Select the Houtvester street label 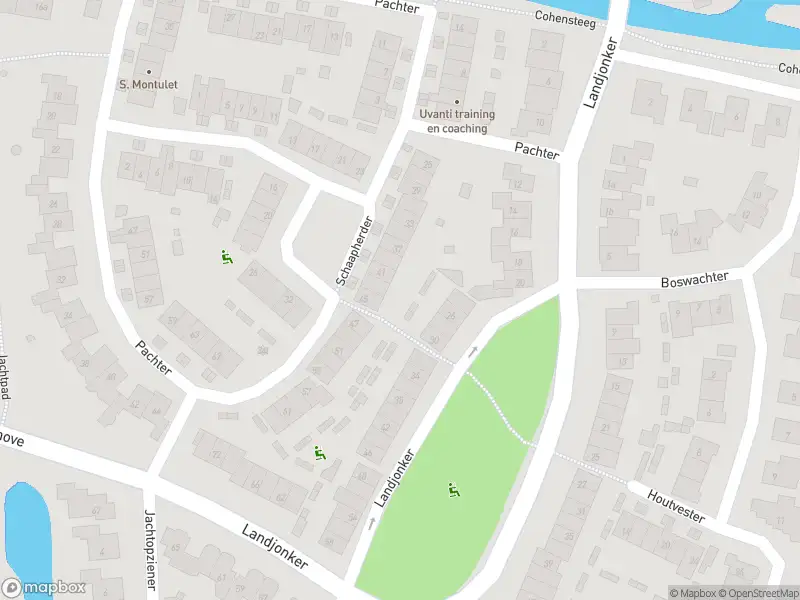click(676, 505)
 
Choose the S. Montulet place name click(148, 85)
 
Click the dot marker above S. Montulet click(149, 71)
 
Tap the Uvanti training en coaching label click(456, 122)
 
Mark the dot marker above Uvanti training click(457, 102)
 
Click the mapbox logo click(44, 588)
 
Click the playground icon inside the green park click(454, 490)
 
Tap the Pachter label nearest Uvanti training click(536, 148)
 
